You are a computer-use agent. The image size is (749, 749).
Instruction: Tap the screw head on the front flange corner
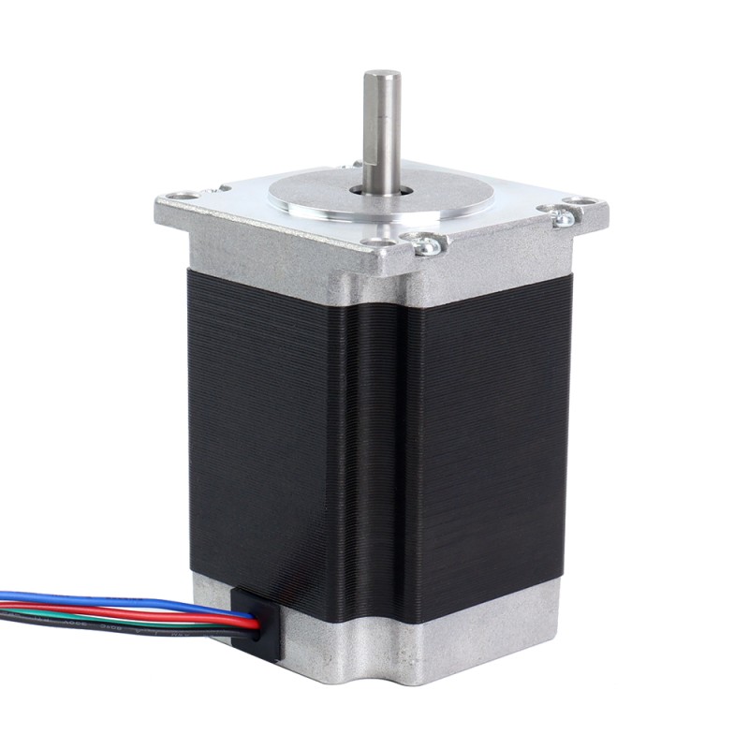click(427, 245)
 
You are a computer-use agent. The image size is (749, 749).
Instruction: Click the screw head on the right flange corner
click(564, 218)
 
